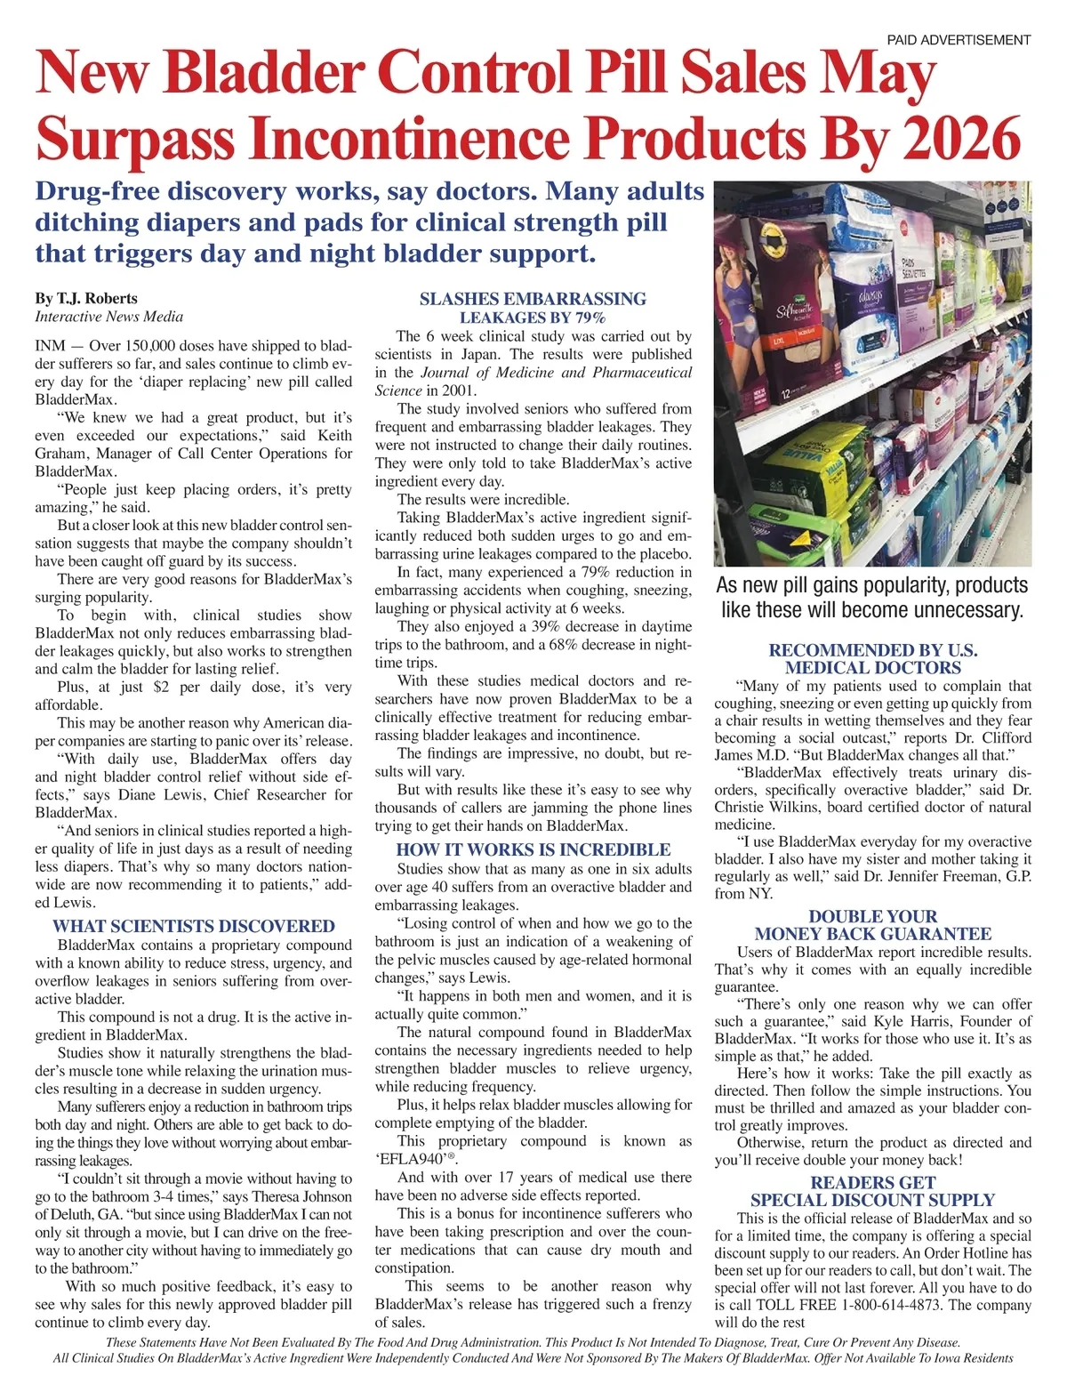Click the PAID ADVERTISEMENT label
[959, 40]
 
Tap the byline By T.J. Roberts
[86, 298]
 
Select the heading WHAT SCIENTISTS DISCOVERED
[193, 926]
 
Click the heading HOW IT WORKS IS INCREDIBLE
[533, 849]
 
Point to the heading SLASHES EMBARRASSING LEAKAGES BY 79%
[533, 308]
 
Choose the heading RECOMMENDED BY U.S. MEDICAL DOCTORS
[872, 659]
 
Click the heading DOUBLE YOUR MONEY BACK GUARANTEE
[872, 925]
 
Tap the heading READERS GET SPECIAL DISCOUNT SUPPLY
[872, 1191]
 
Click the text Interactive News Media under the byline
[108, 317]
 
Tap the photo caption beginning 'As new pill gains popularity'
[872, 598]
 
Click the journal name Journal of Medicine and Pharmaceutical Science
[533, 382]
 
